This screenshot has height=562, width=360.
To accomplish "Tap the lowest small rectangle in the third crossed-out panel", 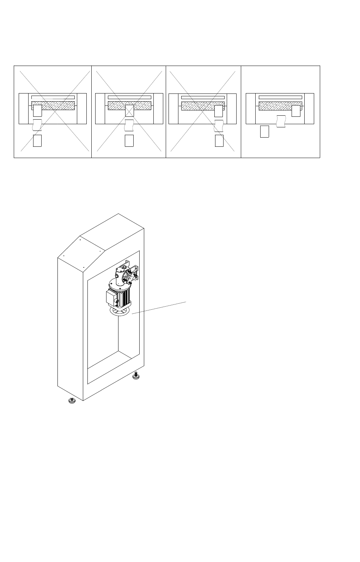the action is click(219, 140).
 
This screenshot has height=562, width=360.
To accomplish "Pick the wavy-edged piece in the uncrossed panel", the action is click(281, 121).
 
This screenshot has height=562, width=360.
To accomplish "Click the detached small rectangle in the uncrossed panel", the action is click(264, 131).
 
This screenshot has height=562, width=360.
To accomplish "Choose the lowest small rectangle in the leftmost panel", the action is click(37, 140).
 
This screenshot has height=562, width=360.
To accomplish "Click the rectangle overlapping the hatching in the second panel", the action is click(129, 110).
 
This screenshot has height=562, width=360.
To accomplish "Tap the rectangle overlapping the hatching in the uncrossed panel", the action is click(296, 111).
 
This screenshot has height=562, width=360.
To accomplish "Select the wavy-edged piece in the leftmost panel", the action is click(37, 125).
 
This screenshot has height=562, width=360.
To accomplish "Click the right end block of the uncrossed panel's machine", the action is click(309, 109).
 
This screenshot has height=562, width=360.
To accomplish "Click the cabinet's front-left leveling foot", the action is click(72, 401).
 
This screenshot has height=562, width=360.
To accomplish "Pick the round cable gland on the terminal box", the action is click(116, 301).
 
